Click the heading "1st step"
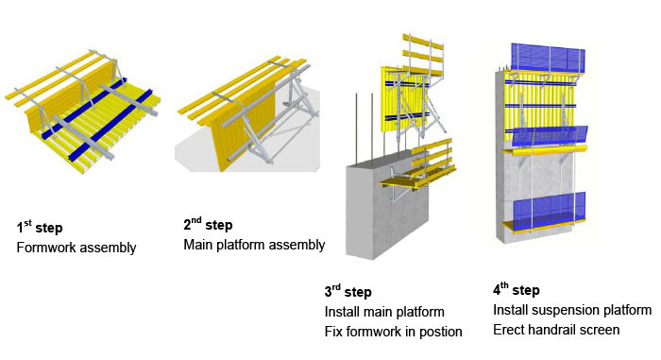click(40, 228)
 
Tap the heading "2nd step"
click(208, 225)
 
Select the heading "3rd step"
click(348, 291)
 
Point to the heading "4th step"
click(517, 289)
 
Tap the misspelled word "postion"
click(441, 332)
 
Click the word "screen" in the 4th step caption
click(600, 330)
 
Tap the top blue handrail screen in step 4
click(548, 59)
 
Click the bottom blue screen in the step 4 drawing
click(550, 208)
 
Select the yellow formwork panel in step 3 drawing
click(404, 100)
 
